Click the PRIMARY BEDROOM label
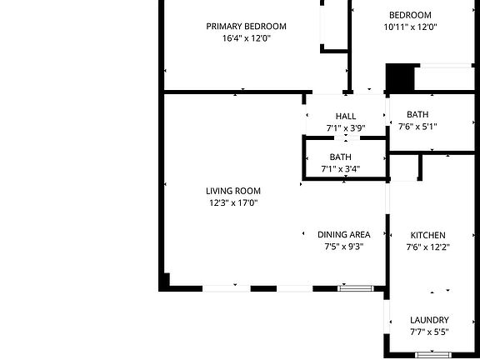pos(246,27)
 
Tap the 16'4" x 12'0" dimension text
pos(246,38)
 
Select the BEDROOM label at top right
pos(410,15)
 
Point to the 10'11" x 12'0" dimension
pos(410,27)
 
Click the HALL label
pos(346,117)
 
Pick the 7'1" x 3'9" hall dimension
pos(346,128)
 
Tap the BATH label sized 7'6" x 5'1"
pos(417,115)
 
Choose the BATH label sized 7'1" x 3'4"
pos(340,157)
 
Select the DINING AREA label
pos(343,235)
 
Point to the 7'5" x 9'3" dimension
pos(343,247)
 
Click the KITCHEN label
pos(427,236)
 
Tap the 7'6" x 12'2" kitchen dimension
pos(427,247)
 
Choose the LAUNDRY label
pos(429,320)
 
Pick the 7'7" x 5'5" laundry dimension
pos(429,332)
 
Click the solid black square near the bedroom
pos(400,78)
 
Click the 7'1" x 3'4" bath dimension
pos(340,169)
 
